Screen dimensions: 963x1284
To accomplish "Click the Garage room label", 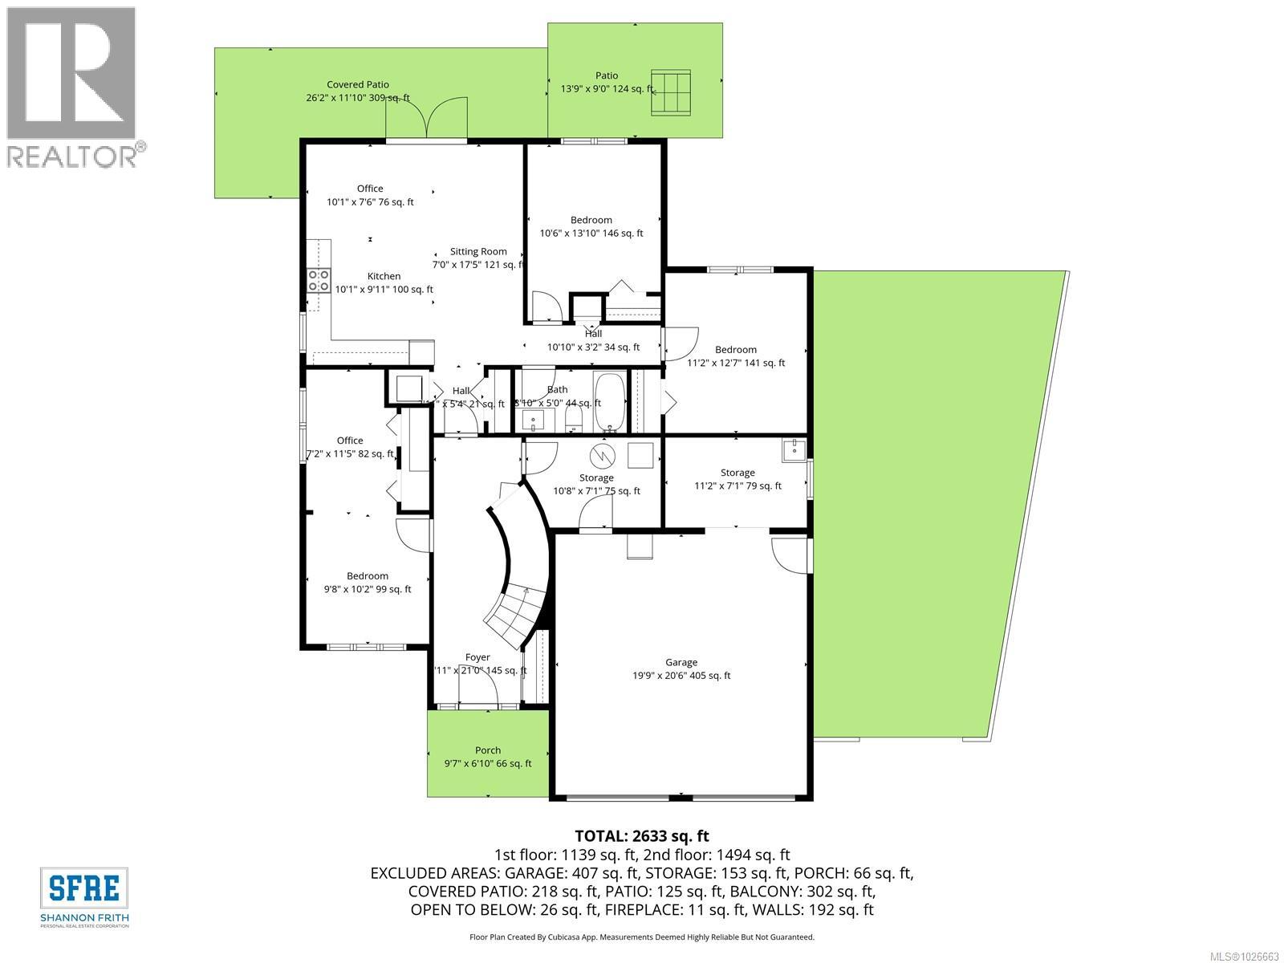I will pos(681,662).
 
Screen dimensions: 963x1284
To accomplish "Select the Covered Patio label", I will pos(357,84).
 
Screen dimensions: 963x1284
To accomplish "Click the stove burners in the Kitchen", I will pos(319,280).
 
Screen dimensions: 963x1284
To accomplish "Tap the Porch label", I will pos(487,750).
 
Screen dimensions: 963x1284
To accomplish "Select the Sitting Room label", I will pos(477,251).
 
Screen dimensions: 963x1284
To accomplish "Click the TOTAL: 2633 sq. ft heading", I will pos(641,836).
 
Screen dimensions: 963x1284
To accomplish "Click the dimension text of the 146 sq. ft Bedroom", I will pos(591,234).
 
